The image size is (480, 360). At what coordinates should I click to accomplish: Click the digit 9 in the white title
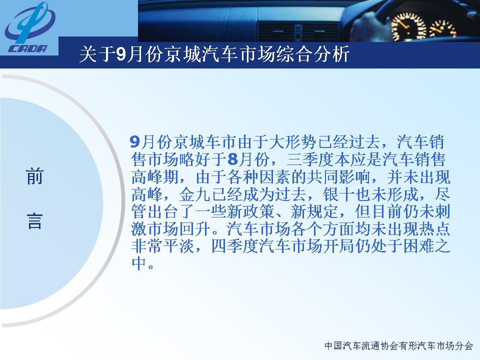click(121, 54)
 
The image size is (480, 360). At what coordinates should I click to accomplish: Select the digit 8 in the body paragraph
click(232, 159)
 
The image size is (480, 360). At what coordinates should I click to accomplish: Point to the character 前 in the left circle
click(34, 176)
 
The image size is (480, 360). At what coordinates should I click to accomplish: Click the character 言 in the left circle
click(34, 221)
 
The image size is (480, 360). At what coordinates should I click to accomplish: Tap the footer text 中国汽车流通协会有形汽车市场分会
click(398, 345)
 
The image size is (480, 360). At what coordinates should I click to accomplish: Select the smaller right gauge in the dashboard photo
click(442, 29)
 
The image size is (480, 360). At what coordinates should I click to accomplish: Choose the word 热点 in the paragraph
click(435, 229)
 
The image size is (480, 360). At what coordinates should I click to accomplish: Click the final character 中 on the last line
click(139, 263)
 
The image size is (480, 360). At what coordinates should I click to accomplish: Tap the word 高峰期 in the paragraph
click(155, 177)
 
